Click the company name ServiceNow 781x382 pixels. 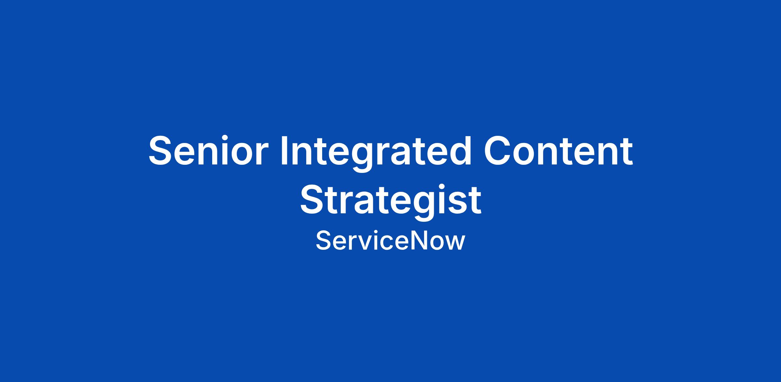(390, 241)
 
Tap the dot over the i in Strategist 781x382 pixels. (444, 187)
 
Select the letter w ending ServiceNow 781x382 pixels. (454, 243)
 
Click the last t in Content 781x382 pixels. (627, 152)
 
